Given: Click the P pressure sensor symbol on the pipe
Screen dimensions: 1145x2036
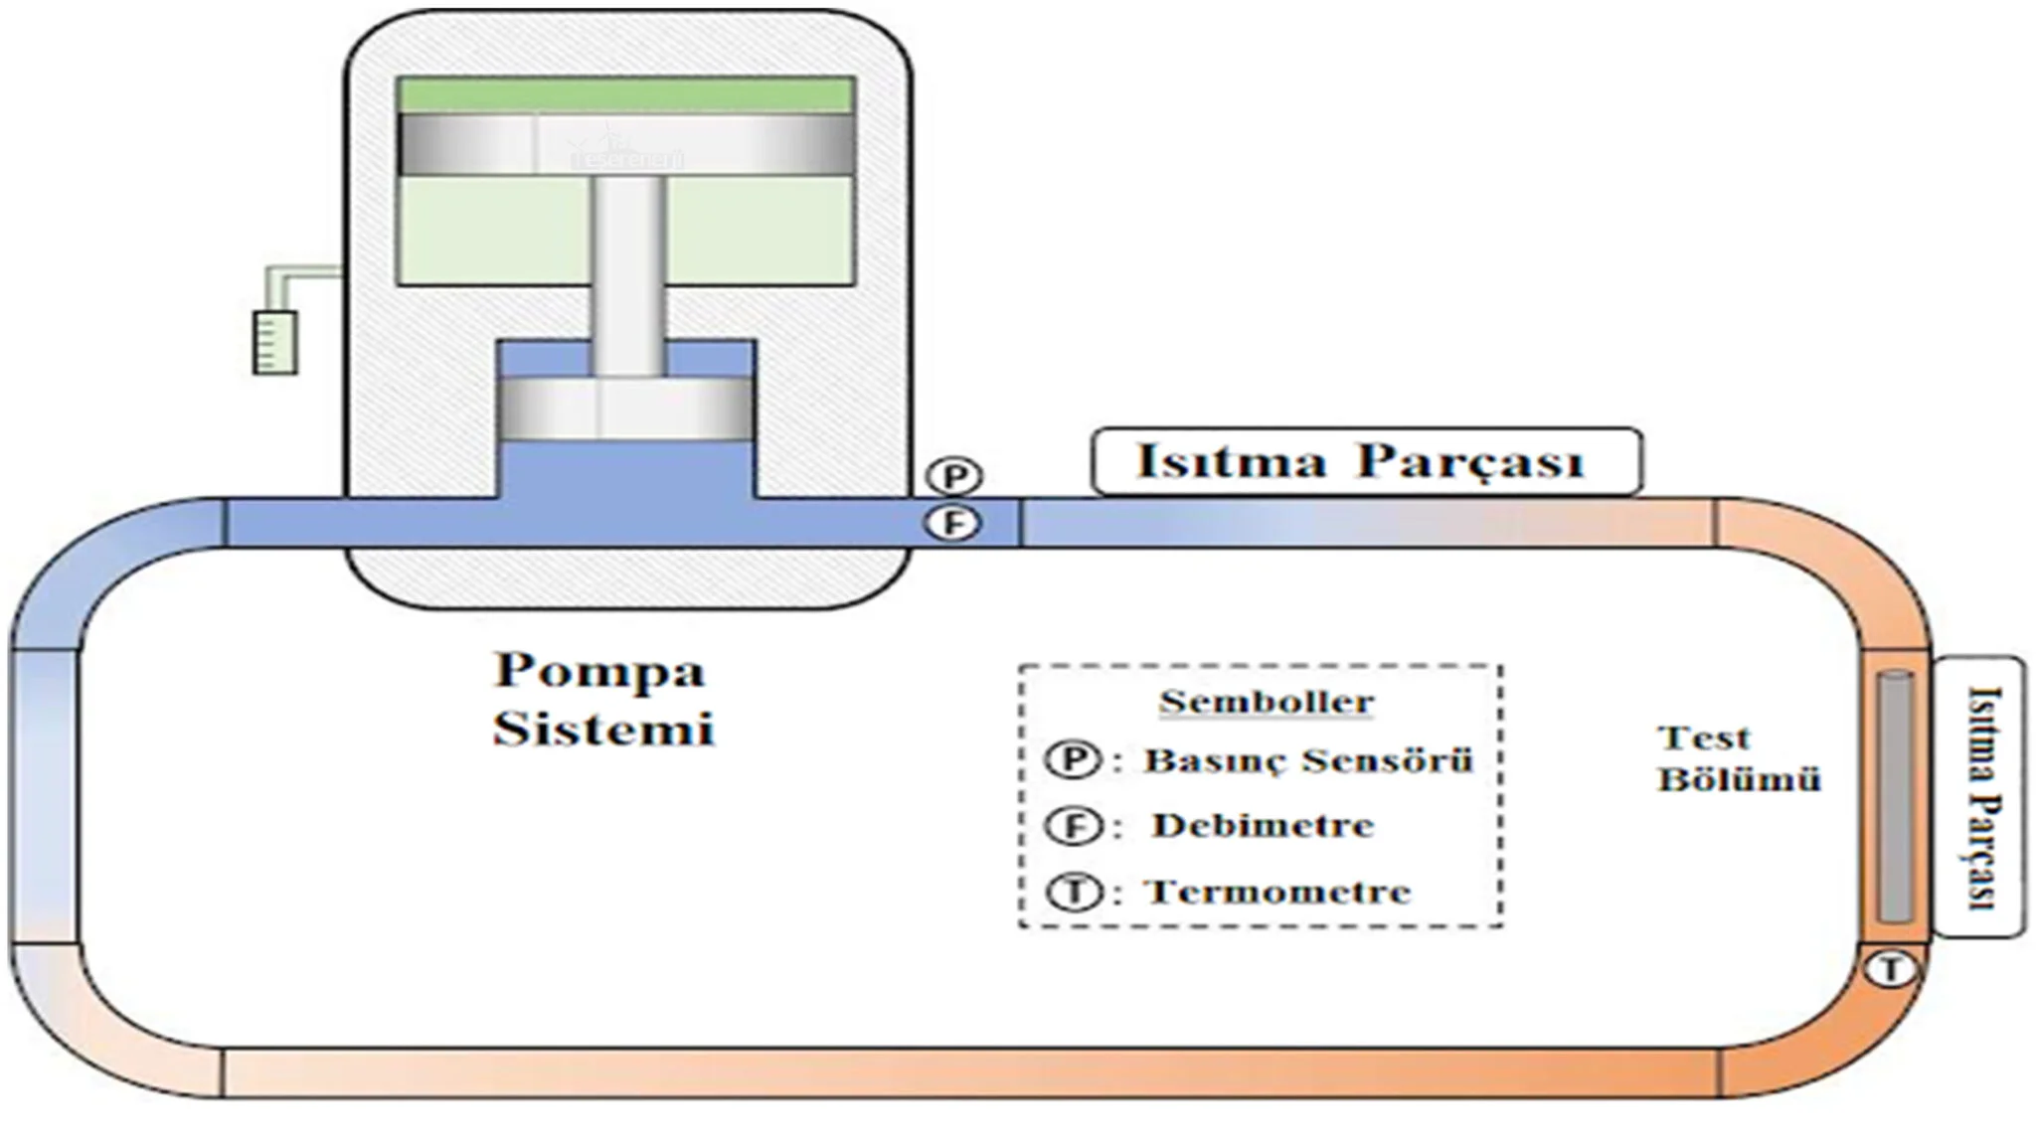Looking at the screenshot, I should point(954,477).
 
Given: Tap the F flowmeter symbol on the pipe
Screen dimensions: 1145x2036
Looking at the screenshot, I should point(954,523).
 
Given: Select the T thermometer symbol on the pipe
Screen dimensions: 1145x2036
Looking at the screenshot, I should point(1890,969).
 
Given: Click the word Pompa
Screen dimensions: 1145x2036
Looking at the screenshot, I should point(599,670).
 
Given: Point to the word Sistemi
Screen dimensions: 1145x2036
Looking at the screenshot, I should point(603,729).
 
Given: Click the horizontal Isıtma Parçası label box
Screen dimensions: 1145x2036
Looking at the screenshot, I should point(1366,461).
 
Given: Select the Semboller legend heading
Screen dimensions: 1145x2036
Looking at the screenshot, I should point(1267,702).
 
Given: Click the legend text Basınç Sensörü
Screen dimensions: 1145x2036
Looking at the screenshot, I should point(1308,760).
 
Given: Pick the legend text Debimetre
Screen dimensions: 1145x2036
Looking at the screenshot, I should point(1263,825).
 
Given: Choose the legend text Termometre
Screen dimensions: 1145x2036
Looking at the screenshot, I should point(1279,892).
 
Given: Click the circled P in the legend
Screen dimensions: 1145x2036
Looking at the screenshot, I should point(1073,760).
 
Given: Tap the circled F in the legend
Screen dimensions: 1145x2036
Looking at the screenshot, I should point(1073,826).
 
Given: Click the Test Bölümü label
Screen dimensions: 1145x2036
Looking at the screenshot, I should point(1737,759).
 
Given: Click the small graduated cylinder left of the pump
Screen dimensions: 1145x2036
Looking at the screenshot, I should point(275,343).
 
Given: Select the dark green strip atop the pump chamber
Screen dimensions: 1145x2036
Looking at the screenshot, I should point(626,95).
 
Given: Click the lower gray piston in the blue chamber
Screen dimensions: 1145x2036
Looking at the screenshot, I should point(625,408).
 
